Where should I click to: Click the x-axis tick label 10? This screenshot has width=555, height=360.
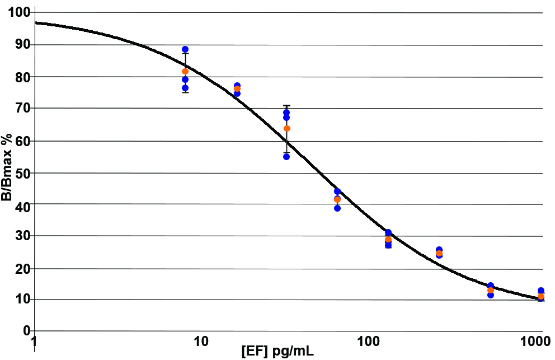[x=200, y=342]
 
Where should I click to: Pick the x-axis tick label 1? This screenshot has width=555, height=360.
[x=35, y=342]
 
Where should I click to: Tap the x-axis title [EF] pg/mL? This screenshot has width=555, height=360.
[x=277, y=353]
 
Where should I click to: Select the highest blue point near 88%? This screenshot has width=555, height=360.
[x=185, y=50]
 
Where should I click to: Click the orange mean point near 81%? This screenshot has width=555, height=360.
[x=185, y=72]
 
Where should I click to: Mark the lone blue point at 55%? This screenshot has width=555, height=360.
[x=286, y=157]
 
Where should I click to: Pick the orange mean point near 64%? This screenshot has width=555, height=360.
[x=287, y=129]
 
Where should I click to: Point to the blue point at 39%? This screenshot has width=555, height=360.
[x=337, y=208]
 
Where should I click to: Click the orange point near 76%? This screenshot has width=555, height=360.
[x=237, y=89]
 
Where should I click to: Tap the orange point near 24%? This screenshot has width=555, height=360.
[x=439, y=254]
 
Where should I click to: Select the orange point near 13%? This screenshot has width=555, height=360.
[x=491, y=291]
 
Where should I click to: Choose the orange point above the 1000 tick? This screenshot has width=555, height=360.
[x=541, y=296]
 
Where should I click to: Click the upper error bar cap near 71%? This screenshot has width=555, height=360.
[x=286, y=106]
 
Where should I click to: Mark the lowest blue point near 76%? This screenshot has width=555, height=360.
[x=185, y=88]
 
